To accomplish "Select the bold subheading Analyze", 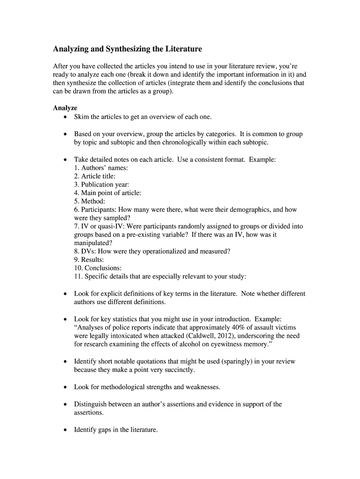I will (x=65, y=108).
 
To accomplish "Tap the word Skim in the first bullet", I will (x=82, y=116).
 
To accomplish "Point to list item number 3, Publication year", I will (x=101, y=184).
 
